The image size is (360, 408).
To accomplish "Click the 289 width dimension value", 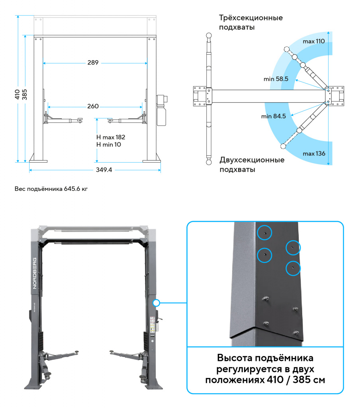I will [x=93, y=63].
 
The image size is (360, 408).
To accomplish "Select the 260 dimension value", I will [x=93, y=106].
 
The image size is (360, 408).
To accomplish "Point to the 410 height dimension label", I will [x=17, y=94].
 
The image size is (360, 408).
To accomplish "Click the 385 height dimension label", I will [x=25, y=94].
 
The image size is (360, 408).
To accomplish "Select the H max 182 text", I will [x=111, y=137].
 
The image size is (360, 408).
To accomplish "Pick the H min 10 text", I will [x=109, y=144].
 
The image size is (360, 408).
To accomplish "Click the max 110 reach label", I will [x=313, y=41].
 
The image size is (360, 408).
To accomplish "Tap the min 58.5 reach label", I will [x=276, y=79].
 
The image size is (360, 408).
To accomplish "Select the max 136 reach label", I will [x=313, y=153].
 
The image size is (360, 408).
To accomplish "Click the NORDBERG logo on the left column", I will [x=35, y=273].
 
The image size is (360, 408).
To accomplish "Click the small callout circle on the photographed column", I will [x=156, y=303].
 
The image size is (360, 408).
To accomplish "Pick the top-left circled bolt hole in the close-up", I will [x=264, y=231].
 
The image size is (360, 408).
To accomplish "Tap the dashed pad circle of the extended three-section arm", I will [x=286, y=49].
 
